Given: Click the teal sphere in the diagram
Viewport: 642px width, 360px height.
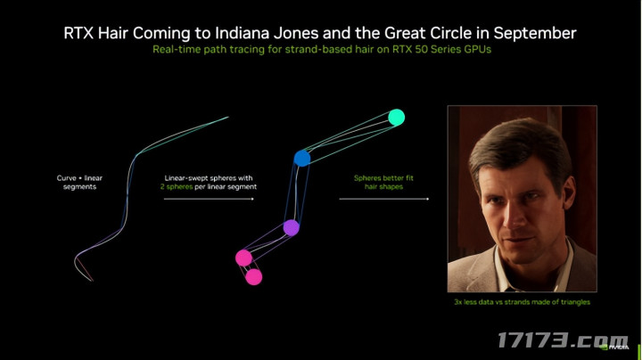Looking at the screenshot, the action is tap(396, 118).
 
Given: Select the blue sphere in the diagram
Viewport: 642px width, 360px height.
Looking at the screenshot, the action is tap(302, 158).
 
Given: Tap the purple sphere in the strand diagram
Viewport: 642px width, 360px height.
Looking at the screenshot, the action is tap(291, 227).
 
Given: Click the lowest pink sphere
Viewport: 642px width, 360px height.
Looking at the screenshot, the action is tap(253, 277).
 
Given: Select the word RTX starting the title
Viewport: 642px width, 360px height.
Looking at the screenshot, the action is tap(79, 33).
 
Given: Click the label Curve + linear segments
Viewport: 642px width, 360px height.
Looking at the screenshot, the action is tap(79, 183).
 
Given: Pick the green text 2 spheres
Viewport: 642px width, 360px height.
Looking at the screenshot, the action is tap(176, 187).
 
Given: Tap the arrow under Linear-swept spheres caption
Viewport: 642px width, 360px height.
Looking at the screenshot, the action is tap(209, 199).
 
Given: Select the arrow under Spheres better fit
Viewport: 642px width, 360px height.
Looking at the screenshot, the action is tap(384, 199).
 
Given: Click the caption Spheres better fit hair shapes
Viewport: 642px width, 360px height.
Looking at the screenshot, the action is tap(383, 183).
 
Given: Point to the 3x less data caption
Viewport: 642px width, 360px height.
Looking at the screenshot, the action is tap(522, 302).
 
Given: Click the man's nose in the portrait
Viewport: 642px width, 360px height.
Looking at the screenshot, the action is tap(516, 216).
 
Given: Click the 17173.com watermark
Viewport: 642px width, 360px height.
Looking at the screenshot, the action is tap(563, 340).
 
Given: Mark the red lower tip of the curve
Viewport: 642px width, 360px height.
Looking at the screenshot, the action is tap(93, 281).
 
